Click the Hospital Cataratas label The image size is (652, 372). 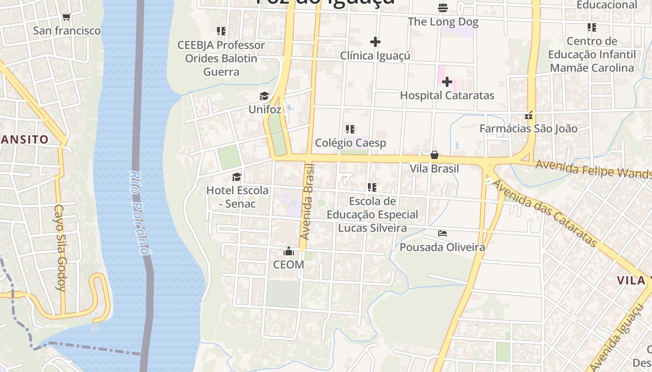pos(447,96)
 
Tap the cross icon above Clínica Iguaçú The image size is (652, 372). pos(375,42)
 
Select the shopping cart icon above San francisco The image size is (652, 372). pos(66,17)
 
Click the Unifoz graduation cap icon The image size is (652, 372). pos(265,96)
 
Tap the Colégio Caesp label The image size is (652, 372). pos(351,143)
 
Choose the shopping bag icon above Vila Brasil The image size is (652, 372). pos(435,155)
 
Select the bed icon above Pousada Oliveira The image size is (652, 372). pos(442,233)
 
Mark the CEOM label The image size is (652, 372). pos(288,265)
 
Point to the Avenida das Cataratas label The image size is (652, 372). pos(544,213)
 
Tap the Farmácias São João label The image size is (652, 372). pos(529,129)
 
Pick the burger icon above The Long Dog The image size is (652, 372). pos(442,8)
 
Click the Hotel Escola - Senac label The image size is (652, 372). pos(238,197)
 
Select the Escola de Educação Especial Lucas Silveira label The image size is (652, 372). pos(372,214)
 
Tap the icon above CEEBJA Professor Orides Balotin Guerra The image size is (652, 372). pos(221,31)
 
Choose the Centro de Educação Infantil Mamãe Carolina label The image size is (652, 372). pos(592,54)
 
